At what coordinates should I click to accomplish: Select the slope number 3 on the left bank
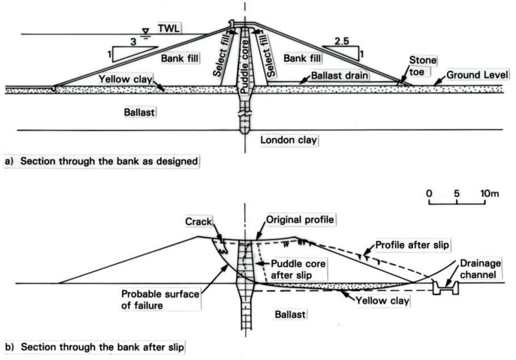coord(134,42)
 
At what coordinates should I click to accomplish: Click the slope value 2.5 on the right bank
coord(341,42)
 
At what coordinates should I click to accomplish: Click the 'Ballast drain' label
coord(336,75)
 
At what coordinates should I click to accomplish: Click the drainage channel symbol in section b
coord(445,287)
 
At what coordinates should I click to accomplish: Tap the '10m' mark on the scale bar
coord(488,194)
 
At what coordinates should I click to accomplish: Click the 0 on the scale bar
coord(429,194)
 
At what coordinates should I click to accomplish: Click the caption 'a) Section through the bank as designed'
coord(101,162)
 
